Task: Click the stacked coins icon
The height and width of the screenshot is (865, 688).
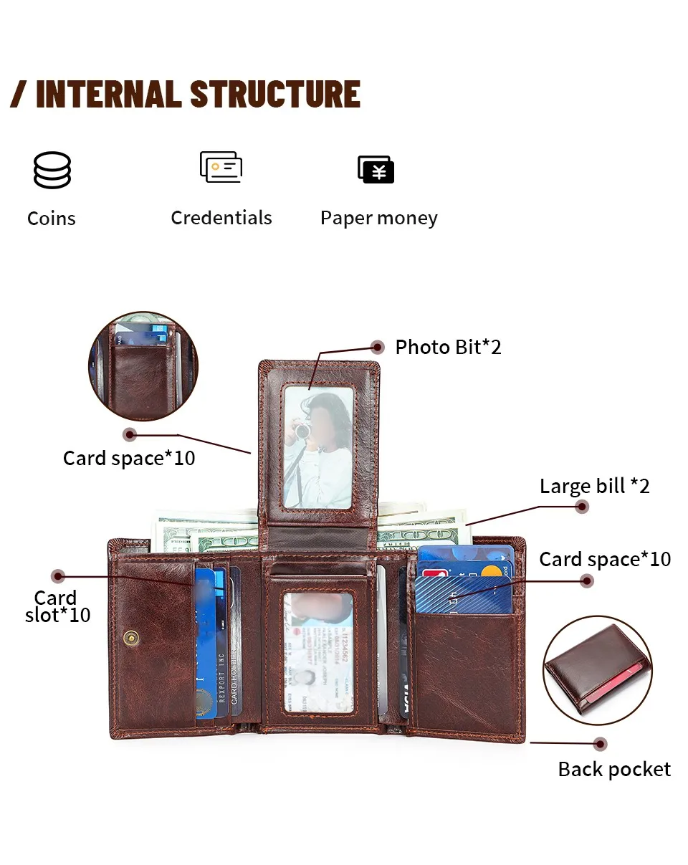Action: (x=52, y=170)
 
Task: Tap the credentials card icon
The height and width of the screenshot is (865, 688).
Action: (x=221, y=167)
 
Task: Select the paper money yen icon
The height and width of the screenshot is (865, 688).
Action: (x=376, y=170)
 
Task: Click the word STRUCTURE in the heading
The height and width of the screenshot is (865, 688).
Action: (x=275, y=95)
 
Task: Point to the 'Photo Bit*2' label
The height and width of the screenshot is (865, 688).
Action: (x=448, y=348)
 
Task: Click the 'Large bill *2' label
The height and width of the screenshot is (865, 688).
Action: (x=594, y=486)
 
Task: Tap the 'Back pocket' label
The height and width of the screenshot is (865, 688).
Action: (x=614, y=770)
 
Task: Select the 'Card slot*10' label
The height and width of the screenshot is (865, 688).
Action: (x=57, y=607)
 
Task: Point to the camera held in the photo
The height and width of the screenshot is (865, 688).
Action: (x=304, y=430)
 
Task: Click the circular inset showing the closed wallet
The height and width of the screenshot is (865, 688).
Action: (x=597, y=670)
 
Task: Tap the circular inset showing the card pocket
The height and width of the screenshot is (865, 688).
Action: (x=143, y=365)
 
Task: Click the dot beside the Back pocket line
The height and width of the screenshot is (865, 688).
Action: (x=601, y=744)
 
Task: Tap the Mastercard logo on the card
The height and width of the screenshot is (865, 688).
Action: (x=491, y=572)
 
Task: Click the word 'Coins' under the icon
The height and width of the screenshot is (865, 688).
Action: (x=51, y=219)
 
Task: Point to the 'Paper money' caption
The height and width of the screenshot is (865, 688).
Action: (x=378, y=219)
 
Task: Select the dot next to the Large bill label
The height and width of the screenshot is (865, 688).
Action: (x=583, y=507)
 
